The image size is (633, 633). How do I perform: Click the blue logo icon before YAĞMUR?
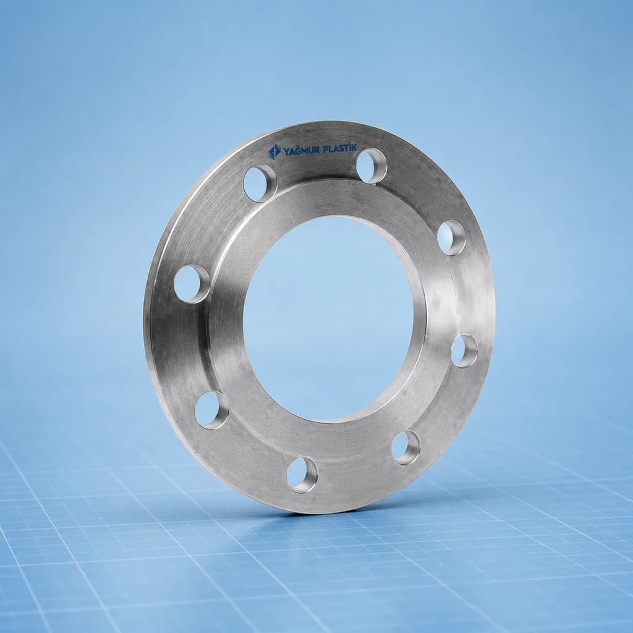click(274, 152)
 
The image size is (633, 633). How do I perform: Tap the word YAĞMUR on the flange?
click(302, 151)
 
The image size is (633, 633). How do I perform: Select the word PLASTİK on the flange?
click(340, 148)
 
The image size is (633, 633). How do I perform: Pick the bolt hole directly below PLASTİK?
click(372, 166)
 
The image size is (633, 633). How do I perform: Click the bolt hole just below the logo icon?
click(260, 183)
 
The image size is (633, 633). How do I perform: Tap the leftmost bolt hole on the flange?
click(192, 284)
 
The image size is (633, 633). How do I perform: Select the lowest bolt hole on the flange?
click(302, 475)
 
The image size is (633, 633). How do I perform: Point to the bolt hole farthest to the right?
click(464, 350)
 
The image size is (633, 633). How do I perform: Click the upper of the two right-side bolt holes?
click(451, 238)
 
